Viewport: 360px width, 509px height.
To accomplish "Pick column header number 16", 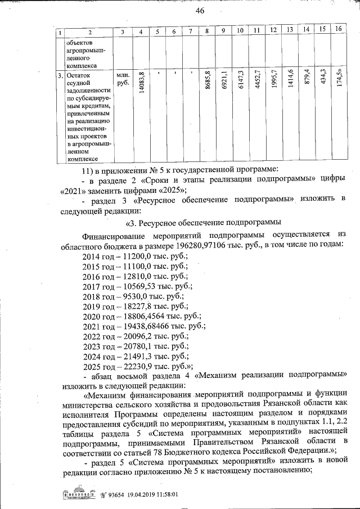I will click(x=338, y=29).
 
